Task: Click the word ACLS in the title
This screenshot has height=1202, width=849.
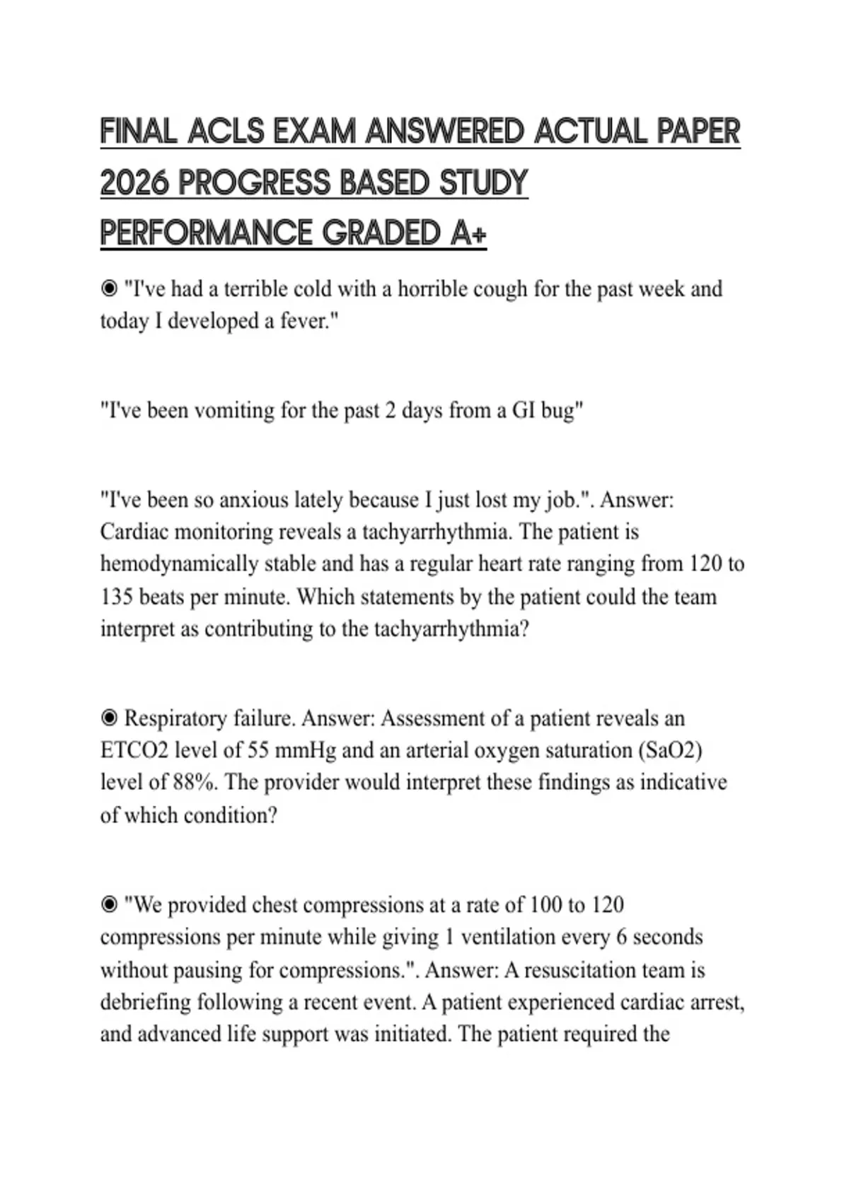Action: (226, 132)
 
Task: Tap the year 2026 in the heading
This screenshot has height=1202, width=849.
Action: (134, 182)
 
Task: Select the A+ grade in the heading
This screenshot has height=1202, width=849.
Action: (468, 233)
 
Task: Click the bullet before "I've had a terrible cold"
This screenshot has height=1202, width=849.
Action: (109, 288)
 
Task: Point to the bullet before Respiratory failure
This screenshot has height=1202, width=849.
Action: (109, 718)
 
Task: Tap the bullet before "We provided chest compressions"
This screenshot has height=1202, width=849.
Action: (109, 905)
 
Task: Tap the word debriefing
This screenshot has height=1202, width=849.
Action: (146, 1002)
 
